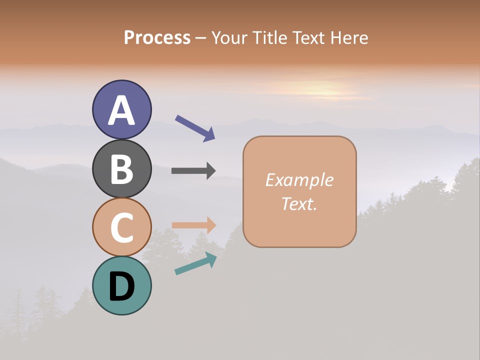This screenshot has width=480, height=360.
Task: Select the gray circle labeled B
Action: [x=121, y=168]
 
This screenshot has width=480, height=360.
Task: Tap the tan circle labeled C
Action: [x=121, y=227]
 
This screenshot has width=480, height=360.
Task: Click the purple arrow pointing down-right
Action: [x=195, y=128]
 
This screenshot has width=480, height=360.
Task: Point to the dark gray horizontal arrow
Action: [x=193, y=170]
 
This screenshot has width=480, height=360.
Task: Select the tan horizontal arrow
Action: [x=194, y=225]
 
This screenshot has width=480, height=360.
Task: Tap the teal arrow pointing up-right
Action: [x=195, y=263]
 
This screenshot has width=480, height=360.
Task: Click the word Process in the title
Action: [x=157, y=37]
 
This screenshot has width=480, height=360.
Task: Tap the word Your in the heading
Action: [x=229, y=37]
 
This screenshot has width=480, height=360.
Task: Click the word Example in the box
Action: [x=299, y=180]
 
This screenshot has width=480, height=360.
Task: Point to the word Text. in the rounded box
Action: [x=299, y=203]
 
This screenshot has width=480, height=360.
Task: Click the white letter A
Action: [x=121, y=110]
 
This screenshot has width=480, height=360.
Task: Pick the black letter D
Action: [x=121, y=286]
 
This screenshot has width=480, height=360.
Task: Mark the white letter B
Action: [x=121, y=169]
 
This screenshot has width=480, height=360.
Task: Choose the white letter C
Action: [x=121, y=228]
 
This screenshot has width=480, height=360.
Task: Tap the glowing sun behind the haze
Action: [x=320, y=90]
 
